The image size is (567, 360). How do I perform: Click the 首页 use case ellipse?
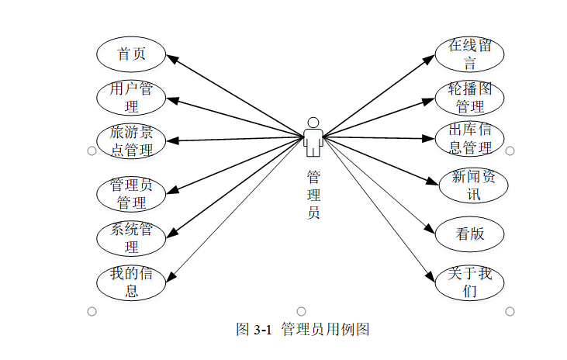(x=131, y=54)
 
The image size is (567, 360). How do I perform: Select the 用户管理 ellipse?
(x=131, y=97)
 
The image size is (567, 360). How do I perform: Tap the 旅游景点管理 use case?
(x=131, y=140)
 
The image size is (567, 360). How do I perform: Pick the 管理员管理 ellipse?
(x=131, y=194)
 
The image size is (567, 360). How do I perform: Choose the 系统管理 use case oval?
(x=131, y=238)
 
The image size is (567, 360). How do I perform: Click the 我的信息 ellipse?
(x=131, y=282)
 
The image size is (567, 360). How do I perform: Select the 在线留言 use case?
(x=469, y=54)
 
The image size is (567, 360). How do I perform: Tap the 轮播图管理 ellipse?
(x=469, y=97)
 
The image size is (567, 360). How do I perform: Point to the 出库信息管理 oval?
(x=469, y=139)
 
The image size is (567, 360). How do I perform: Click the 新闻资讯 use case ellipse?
(x=469, y=185)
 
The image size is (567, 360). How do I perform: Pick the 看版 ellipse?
(x=469, y=234)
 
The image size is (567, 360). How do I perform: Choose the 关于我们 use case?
(x=469, y=282)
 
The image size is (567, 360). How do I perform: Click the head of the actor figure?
(x=313, y=122)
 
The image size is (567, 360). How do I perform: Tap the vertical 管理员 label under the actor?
(x=313, y=195)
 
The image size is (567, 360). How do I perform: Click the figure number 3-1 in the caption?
(x=264, y=330)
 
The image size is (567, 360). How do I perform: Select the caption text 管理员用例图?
(x=326, y=330)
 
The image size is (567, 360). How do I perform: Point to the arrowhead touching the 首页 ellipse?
(x=172, y=57)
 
